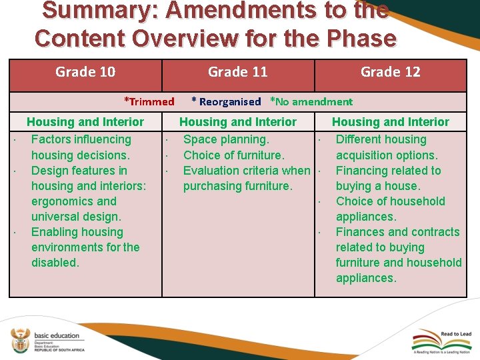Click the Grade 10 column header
click(x=85, y=72)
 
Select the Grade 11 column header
click(x=238, y=72)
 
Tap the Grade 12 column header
click(x=390, y=72)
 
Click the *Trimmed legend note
click(x=149, y=101)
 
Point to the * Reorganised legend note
click(x=226, y=101)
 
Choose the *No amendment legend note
click(x=311, y=101)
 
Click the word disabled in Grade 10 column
click(x=55, y=263)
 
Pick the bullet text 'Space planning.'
click(x=226, y=139)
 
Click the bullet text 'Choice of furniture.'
click(x=233, y=155)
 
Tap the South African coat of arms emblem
click(x=20, y=342)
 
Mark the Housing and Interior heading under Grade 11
click(x=238, y=122)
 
